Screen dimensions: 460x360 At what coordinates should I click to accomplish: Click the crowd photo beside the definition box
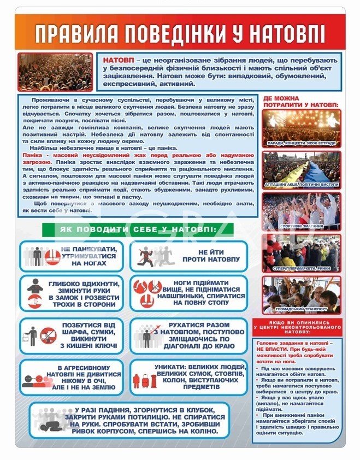(x=55, y=72)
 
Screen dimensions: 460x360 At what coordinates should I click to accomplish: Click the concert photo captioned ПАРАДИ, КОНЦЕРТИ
(x=301, y=125)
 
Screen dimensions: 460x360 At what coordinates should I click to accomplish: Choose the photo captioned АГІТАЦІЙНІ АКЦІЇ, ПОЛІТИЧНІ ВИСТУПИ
(x=301, y=166)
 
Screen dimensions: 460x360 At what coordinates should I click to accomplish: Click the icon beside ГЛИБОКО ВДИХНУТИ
(x=35, y=293)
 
